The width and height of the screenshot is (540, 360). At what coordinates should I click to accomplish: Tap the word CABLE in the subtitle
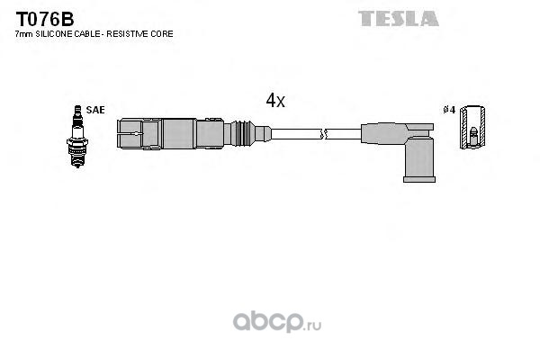pyautogui.click(x=93, y=33)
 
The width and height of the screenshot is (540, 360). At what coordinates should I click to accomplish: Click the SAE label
pyautogui.click(x=96, y=110)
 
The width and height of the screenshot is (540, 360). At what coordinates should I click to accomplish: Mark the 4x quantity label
pyautogui.click(x=275, y=102)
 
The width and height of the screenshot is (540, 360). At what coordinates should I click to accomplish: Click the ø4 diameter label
pyautogui.click(x=448, y=111)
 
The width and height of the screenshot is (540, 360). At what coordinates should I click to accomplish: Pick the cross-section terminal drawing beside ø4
pyautogui.click(x=473, y=131)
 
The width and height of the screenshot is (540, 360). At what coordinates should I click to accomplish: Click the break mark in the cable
pyautogui.click(x=325, y=135)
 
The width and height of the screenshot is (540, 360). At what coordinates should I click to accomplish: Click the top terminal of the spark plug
pyautogui.click(x=76, y=110)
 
